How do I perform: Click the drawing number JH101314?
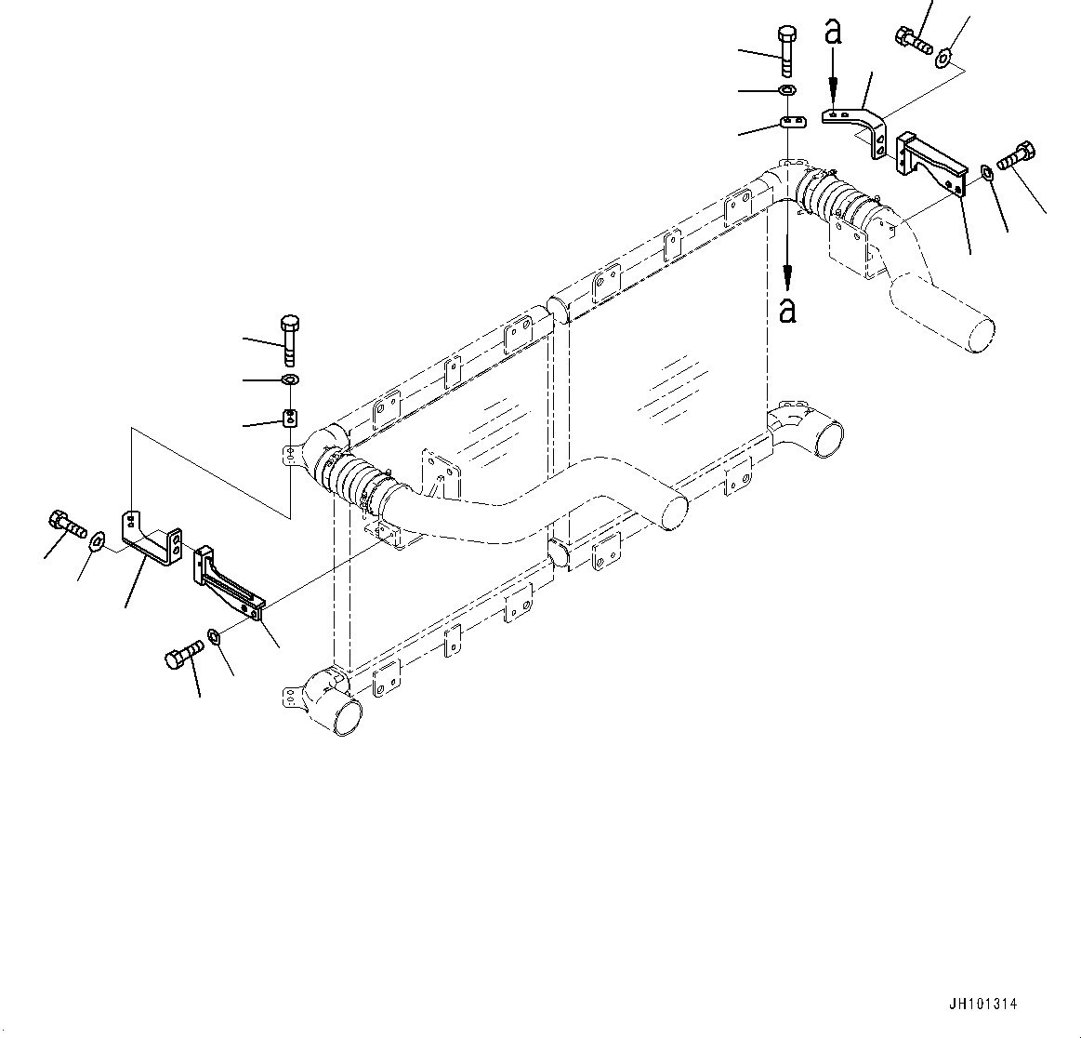982,1005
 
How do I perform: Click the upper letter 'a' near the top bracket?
833,33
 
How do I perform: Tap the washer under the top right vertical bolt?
785,90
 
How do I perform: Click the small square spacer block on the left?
289,417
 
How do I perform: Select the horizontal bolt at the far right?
1017,155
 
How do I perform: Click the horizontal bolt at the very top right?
913,40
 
